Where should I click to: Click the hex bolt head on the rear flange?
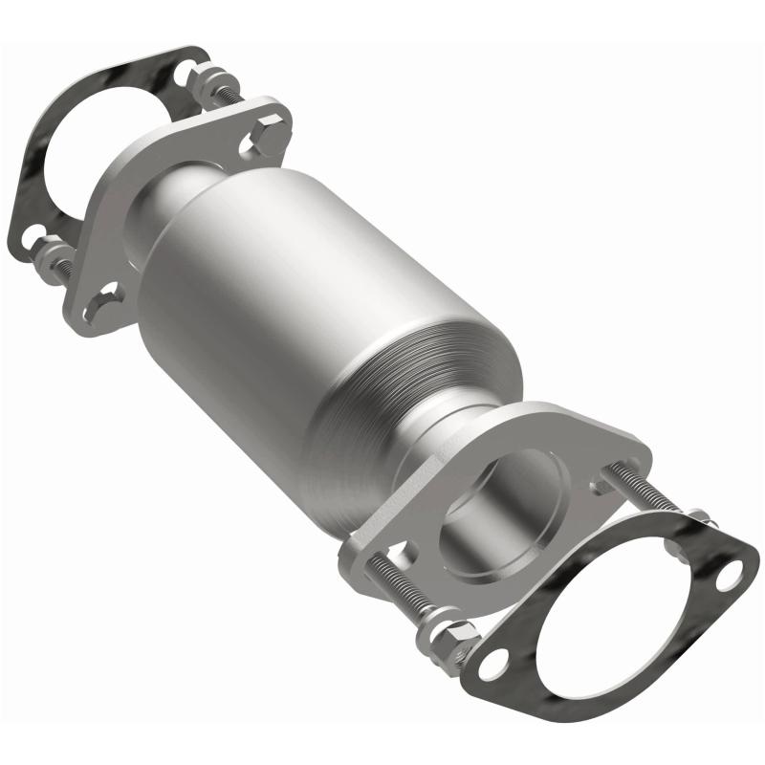pyautogui.click(x=272, y=126)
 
